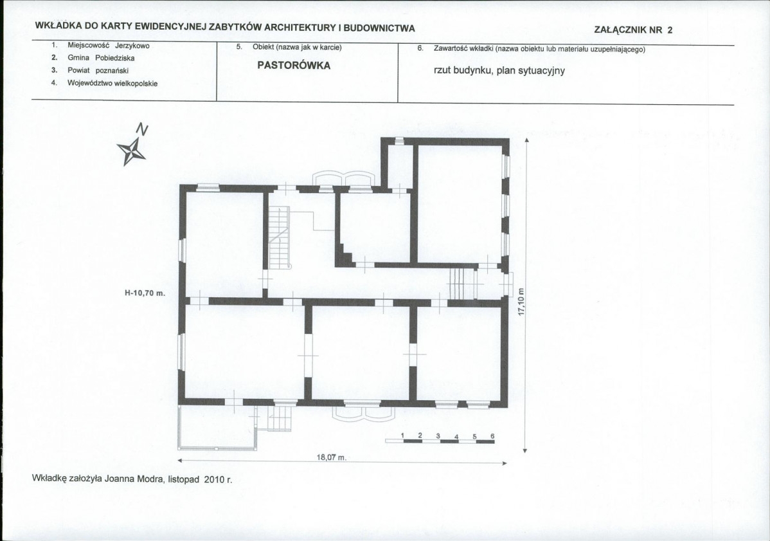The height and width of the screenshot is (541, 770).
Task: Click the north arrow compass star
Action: click(x=131, y=151)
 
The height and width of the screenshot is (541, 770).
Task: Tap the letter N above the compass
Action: click(x=142, y=129)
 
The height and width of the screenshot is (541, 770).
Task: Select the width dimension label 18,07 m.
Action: click(x=332, y=457)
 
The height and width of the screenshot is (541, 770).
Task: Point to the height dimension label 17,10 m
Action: click(x=522, y=302)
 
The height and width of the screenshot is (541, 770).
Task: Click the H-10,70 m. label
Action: click(x=145, y=293)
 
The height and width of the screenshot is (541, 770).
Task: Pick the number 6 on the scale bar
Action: click(x=492, y=436)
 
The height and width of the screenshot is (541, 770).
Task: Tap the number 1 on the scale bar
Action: click(x=402, y=436)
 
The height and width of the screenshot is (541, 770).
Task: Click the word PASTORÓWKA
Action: click(x=294, y=66)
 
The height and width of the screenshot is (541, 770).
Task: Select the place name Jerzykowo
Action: click(x=132, y=46)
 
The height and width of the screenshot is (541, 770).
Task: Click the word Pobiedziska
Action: click(x=115, y=58)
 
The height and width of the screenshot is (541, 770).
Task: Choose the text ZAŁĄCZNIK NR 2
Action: click(x=634, y=30)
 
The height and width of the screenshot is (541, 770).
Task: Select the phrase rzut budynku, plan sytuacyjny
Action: click(x=499, y=70)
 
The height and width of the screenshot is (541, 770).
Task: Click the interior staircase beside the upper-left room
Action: click(x=279, y=237)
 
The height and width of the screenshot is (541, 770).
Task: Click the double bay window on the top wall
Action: click(x=344, y=179)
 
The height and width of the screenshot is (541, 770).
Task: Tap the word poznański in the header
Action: click(x=112, y=71)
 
